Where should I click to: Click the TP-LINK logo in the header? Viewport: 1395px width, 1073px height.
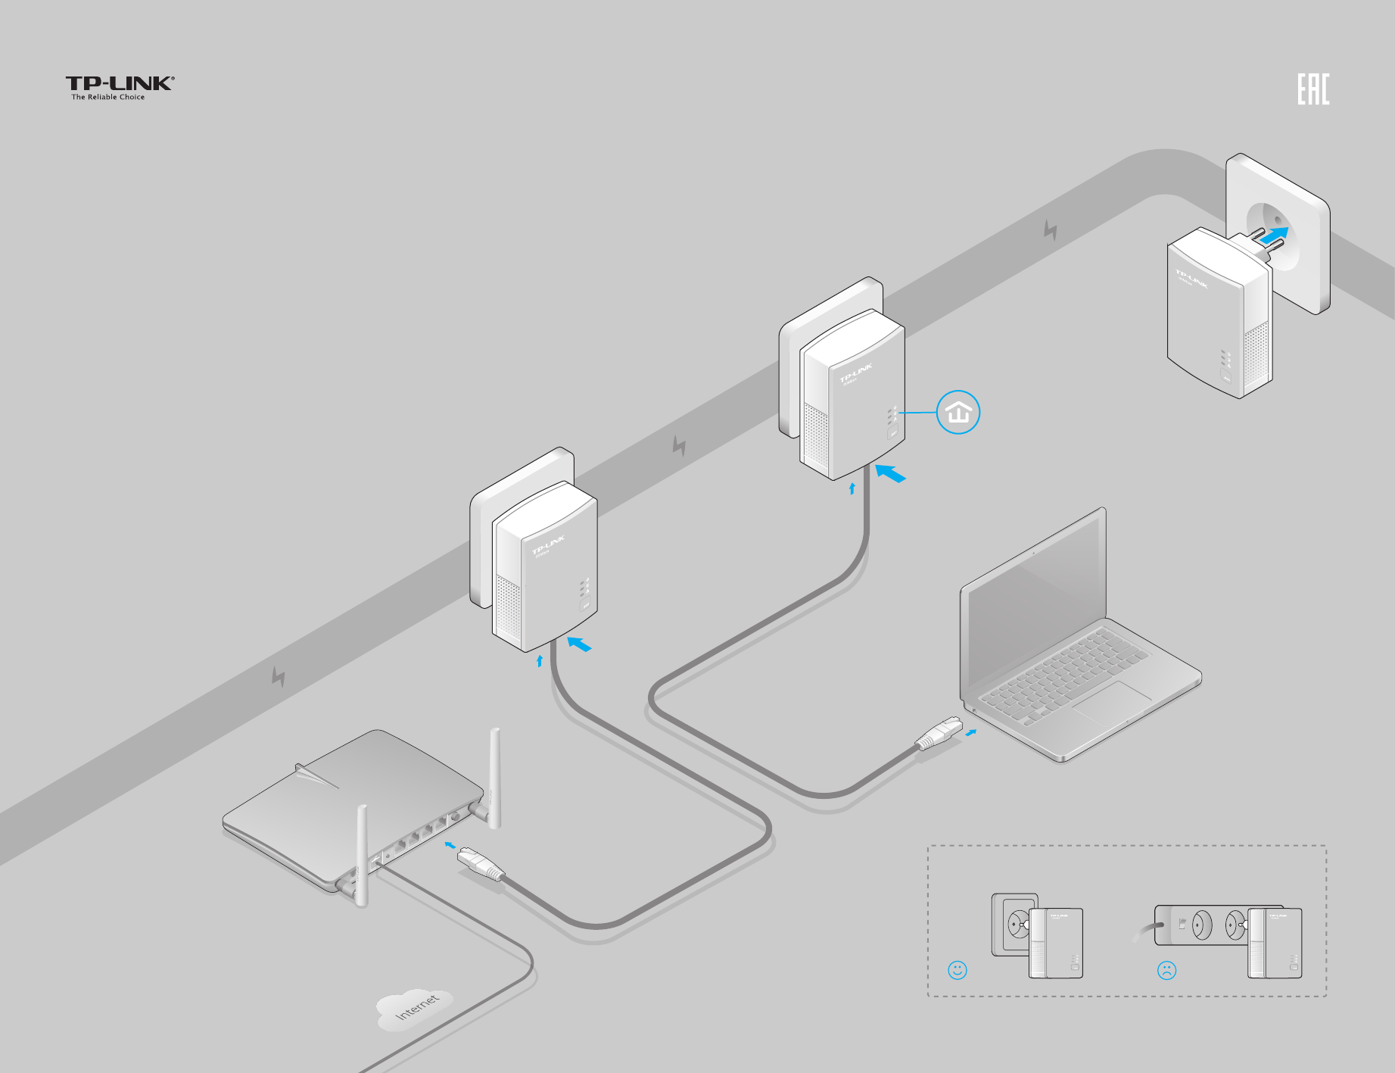(x=120, y=86)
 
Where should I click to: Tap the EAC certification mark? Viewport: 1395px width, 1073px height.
(x=1313, y=89)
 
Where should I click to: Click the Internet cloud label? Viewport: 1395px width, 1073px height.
(x=416, y=1008)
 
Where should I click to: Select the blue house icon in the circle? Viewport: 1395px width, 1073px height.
(x=958, y=413)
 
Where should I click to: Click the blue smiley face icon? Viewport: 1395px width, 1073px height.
(x=957, y=970)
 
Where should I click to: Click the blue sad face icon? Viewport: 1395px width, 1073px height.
(x=1166, y=970)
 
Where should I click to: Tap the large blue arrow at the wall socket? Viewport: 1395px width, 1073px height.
(x=1274, y=236)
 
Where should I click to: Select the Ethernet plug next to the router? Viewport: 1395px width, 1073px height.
(x=480, y=864)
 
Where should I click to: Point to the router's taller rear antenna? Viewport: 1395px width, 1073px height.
(x=494, y=776)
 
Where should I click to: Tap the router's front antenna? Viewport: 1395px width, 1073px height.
(x=362, y=856)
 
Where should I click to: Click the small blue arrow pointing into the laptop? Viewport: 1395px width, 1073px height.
(x=971, y=732)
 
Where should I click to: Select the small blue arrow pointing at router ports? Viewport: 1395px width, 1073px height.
(x=450, y=844)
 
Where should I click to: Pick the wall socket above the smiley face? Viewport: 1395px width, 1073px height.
(x=1014, y=924)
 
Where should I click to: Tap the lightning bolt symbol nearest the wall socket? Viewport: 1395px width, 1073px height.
(x=1050, y=230)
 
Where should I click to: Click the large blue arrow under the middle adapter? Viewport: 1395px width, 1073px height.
(x=890, y=474)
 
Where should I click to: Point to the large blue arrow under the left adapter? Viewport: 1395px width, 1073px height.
(x=579, y=644)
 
